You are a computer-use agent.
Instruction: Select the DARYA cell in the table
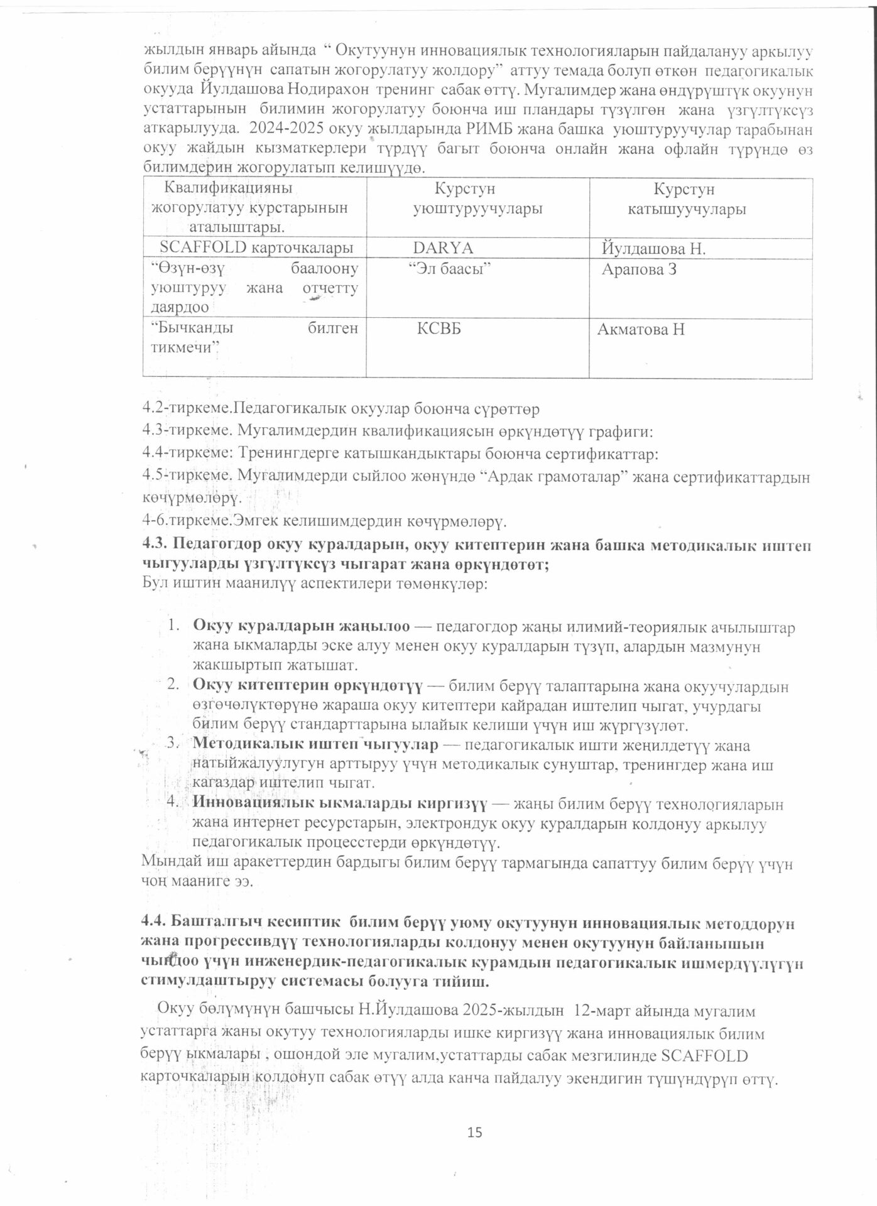[443, 248]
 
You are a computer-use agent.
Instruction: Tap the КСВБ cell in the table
[439, 329]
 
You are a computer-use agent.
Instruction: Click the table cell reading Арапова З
[639, 270]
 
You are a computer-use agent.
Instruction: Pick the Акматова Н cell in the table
[641, 329]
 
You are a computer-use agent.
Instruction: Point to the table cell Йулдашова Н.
[654, 249]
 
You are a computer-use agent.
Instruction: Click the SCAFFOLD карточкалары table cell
[256, 247]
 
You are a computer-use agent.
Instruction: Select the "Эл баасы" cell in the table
[449, 269]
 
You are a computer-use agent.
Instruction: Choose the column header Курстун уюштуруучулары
[477, 199]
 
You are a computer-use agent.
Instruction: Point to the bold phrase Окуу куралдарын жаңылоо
[302, 626]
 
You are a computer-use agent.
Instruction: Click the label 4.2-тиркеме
[183, 409]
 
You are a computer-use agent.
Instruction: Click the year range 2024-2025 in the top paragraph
[286, 131]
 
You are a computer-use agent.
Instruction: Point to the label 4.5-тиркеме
[183, 477]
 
